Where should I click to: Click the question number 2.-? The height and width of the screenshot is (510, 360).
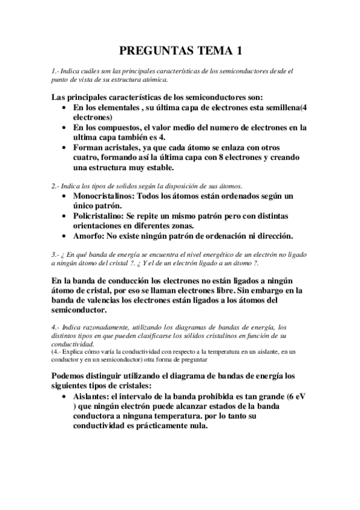click(56, 186)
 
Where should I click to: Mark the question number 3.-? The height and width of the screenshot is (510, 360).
click(56, 255)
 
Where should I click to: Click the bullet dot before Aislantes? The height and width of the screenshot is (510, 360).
click(64, 397)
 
